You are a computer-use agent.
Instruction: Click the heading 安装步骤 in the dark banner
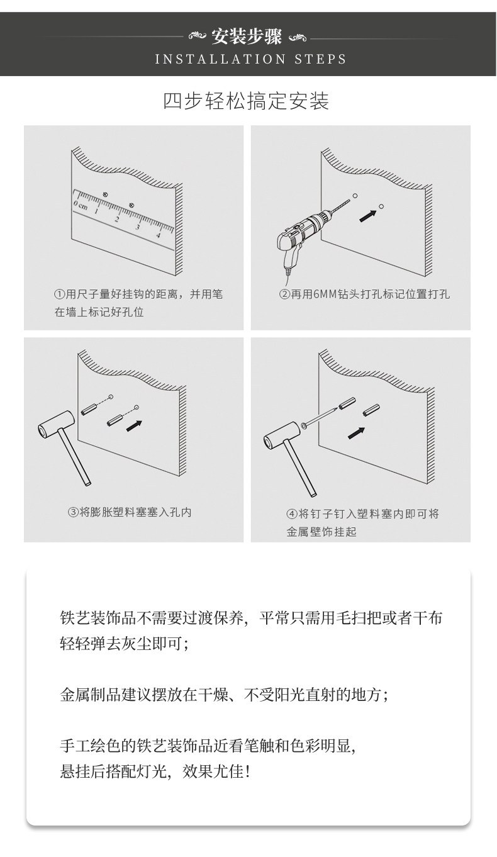coord(247,37)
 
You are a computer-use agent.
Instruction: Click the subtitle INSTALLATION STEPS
coord(250,59)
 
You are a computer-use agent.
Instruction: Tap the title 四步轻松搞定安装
coord(246,101)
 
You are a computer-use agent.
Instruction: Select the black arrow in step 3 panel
coord(134,425)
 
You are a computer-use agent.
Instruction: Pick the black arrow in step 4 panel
coord(356,433)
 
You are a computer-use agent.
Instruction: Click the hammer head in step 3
coord(56,424)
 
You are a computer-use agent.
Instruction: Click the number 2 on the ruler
coord(116,219)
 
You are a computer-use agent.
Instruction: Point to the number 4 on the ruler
coord(158,235)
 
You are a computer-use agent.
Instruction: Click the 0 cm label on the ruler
coord(81,205)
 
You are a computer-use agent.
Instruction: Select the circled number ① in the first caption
coord(59,294)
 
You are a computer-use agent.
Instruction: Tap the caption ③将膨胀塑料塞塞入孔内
coord(130,512)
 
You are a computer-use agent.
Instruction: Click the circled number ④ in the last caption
coord(291,513)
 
